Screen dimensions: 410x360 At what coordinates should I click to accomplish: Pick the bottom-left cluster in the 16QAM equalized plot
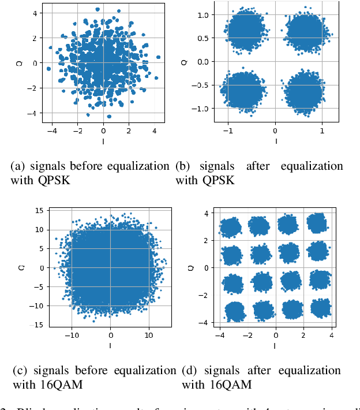click(232, 312)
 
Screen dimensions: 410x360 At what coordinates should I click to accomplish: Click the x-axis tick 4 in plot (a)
click(155, 132)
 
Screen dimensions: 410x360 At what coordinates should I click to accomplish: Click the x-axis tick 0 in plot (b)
click(275, 132)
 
